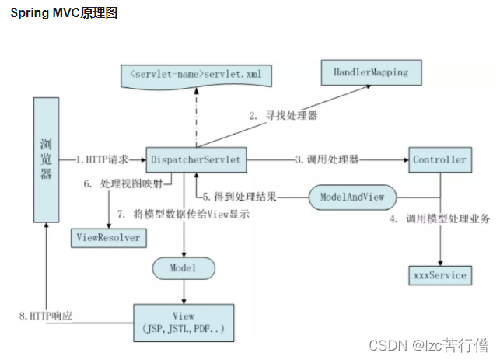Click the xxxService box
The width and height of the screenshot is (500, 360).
click(x=441, y=275)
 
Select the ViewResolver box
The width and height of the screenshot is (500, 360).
click(x=108, y=237)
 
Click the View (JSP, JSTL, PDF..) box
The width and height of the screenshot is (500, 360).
click(x=184, y=322)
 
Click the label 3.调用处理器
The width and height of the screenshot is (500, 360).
click(x=327, y=159)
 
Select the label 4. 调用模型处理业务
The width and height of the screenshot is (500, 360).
click(x=439, y=219)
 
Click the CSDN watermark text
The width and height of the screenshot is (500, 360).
click(x=428, y=344)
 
